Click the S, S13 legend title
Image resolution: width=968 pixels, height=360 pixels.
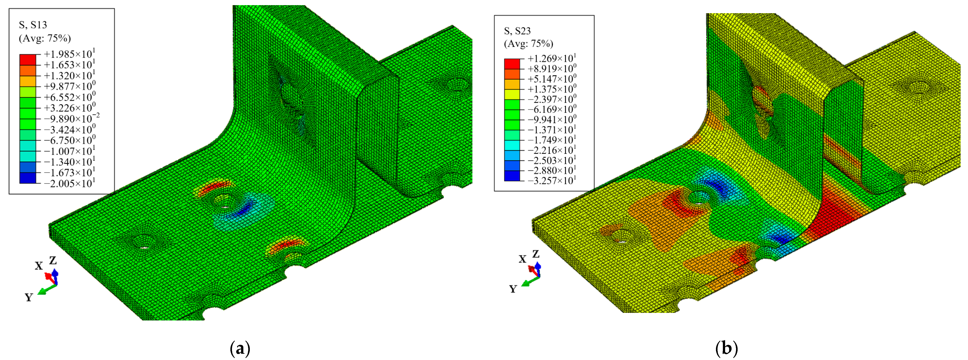click(33, 25)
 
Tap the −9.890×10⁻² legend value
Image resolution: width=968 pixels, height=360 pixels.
click(72, 118)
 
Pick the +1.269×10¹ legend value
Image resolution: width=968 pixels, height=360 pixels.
click(552, 59)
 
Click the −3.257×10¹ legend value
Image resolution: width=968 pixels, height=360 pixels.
click(552, 181)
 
